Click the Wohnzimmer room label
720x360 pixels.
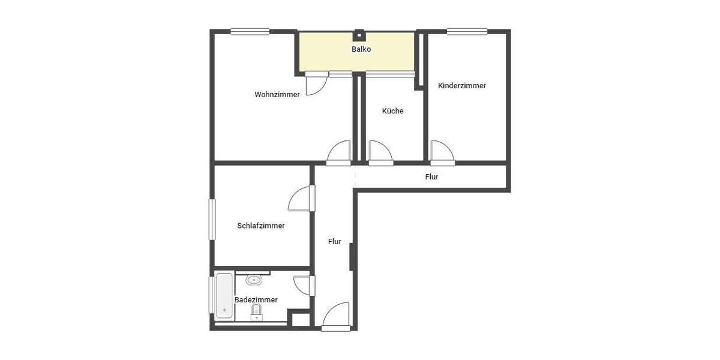277,95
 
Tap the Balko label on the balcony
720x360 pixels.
361,49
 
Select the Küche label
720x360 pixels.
393,111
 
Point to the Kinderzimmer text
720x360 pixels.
462,86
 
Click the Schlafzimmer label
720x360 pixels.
261,226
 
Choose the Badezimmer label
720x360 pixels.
256,300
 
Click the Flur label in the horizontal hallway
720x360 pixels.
431,177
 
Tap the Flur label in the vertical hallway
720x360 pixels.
335,242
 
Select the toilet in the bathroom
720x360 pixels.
257,311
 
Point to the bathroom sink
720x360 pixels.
254,280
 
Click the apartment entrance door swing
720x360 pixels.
337,316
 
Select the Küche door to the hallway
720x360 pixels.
380,152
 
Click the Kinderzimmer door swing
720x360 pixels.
442,152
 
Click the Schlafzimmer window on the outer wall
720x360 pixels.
212,220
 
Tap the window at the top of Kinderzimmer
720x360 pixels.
467,32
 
